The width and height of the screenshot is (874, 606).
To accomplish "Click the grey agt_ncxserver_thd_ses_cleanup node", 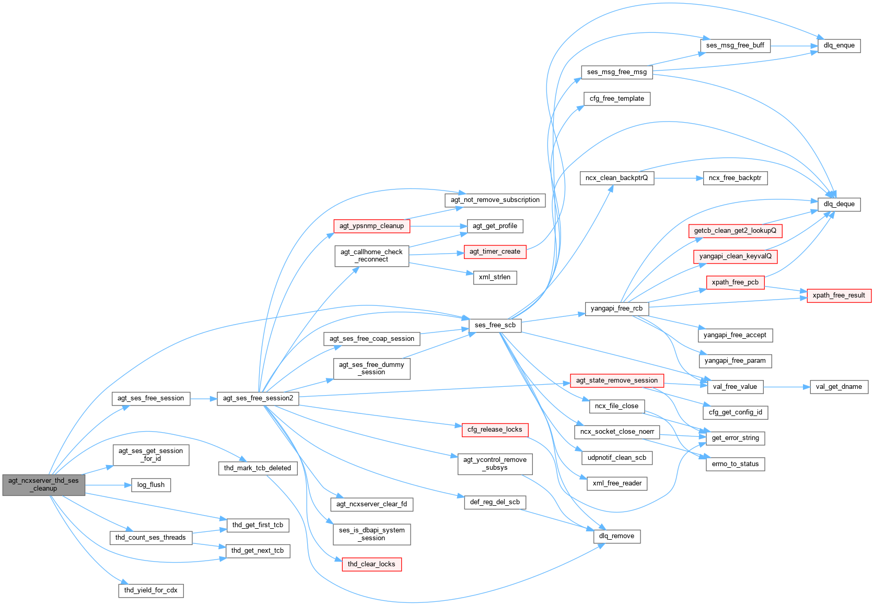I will pyautogui.click(x=43, y=484).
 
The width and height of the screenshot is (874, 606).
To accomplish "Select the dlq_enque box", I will pyautogui.click(x=839, y=45).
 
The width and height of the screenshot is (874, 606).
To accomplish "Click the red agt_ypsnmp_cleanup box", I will pyautogui.click(x=371, y=226).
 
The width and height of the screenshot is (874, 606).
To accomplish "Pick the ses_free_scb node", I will pyautogui.click(x=495, y=325).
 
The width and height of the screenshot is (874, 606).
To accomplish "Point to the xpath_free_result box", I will pyautogui.click(x=838, y=295).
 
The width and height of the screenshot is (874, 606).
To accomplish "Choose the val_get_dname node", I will pyautogui.click(x=838, y=387).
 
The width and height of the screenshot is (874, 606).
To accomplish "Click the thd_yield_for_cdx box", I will pyautogui.click(x=150, y=590).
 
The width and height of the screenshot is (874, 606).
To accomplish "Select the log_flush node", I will pyautogui.click(x=150, y=485).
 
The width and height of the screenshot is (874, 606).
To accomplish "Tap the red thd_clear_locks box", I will pyautogui.click(x=371, y=564).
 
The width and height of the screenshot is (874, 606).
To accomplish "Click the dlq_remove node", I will pyautogui.click(x=616, y=536).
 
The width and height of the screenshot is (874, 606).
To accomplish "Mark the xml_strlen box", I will pyautogui.click(x=494, y=277).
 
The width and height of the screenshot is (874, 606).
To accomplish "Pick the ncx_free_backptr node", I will pyautogui.click(x=735, y=178).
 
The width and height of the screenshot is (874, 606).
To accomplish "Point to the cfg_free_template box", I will pyautogui.click(x=616, y=99).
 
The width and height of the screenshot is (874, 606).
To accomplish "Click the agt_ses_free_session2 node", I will pyautogui.click(x=258, y=398).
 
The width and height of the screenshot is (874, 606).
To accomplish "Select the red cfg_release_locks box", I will pyautogui.click(x=494, y=430).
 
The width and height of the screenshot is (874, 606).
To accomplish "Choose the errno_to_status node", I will pyautogui.click(x=735, y=464).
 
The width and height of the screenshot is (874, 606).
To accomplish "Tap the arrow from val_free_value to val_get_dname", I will pyautogui.click(x=786, y=387).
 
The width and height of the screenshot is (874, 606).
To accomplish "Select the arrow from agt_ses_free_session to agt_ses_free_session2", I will pyautogui.click(x=203, y=398).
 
